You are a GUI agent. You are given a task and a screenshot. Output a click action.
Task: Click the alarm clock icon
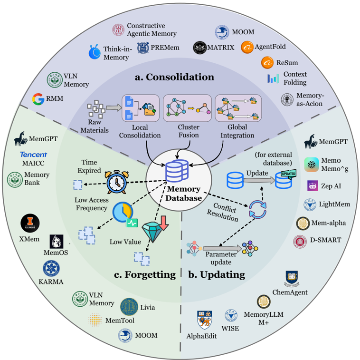point(117,182)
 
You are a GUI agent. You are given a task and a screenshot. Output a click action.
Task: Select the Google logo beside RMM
point(38,99)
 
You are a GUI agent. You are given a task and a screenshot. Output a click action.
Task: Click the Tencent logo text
point(34,155)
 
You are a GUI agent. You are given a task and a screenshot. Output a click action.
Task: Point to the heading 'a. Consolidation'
point(174,77)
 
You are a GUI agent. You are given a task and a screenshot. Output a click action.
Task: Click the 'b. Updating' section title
point(217,274)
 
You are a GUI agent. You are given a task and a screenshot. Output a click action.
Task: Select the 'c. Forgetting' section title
point(145,274)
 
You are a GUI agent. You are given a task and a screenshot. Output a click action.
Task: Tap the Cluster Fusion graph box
point(187,108)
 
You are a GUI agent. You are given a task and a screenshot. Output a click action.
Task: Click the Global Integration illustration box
point(238,108)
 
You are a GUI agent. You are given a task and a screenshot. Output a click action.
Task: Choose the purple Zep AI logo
point(313,186)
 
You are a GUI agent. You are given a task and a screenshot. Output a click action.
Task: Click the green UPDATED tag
point(289,174)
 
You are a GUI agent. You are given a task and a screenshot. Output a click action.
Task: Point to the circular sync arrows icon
point(258,209)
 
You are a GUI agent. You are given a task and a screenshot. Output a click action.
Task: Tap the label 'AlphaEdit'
point(201,336)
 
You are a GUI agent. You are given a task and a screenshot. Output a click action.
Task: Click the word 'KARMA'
point(51,282)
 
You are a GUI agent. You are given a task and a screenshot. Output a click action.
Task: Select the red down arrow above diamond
point(163,223)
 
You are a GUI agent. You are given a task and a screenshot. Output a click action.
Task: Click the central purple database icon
point(177,171)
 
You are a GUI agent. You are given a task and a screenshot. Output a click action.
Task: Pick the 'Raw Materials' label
point(95,126)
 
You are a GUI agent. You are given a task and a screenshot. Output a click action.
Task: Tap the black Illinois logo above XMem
point(30,223)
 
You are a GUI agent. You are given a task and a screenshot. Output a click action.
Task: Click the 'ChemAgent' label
point(290,292)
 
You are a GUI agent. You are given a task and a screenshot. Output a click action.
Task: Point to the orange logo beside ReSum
point(267,62)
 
